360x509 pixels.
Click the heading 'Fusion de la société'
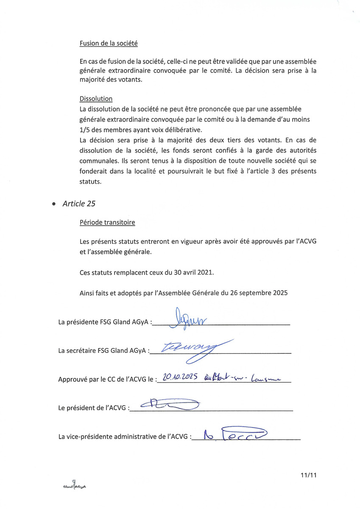109,43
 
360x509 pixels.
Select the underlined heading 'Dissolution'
96,99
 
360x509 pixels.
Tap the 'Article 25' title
79,204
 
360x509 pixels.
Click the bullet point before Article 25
53,204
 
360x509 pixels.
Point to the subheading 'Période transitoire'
107,222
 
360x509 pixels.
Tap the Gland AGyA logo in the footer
75,486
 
